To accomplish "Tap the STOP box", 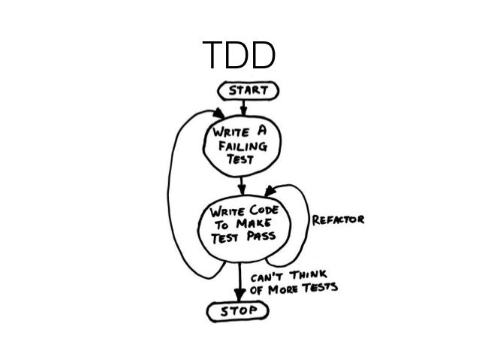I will pyautogui.click(x=239, y=309).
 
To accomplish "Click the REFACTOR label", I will pyautogui.click(x=339, y=219).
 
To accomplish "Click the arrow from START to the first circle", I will pyautogui.click(x=242, y=107).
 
